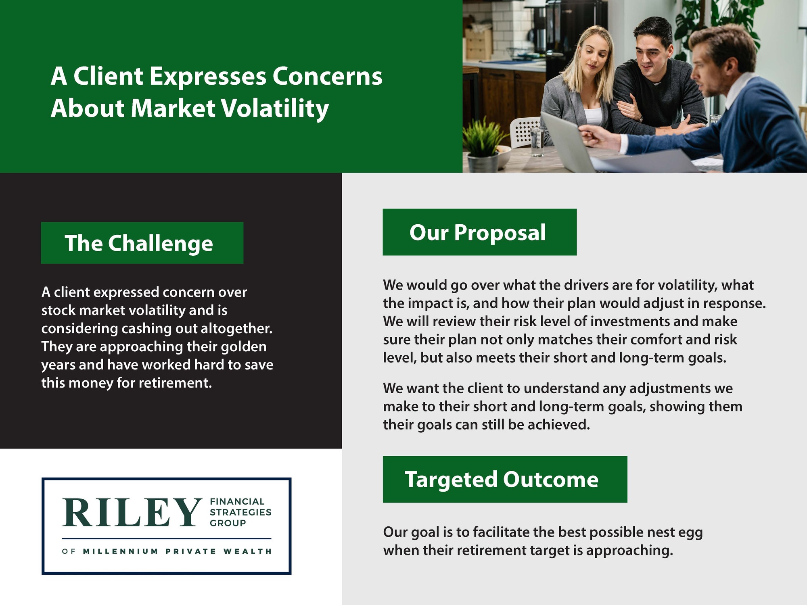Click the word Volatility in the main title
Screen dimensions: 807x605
pos(276,109)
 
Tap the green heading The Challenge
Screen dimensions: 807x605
pos(142,243)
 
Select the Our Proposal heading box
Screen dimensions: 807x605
pos(479,232)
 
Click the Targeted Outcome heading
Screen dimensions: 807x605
pos(505,479)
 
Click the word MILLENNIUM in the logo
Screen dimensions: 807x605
pos(121,551)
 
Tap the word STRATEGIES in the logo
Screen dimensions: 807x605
pos(240,512)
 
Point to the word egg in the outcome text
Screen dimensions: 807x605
pos(690,533)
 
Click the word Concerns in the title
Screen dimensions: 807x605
pos(327,76)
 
